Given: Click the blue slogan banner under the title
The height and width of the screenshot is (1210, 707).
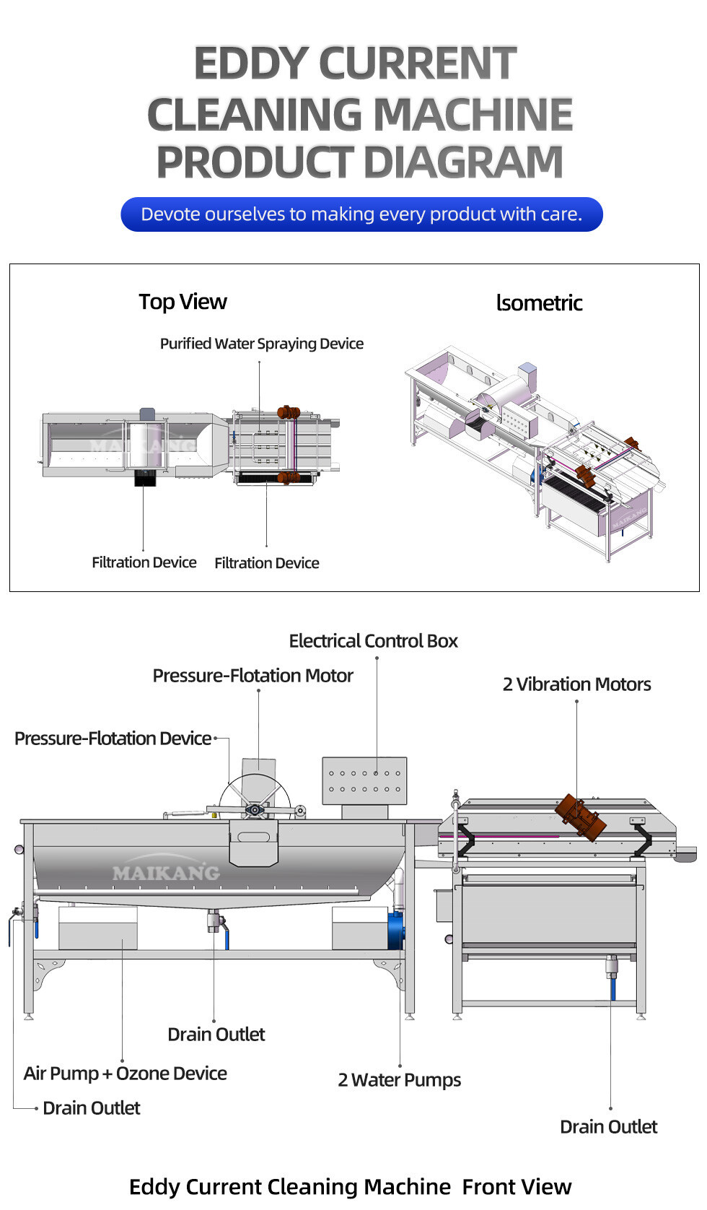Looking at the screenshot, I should click(x=361, y=214).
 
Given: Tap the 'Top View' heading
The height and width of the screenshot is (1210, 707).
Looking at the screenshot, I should click(x=183, y=302).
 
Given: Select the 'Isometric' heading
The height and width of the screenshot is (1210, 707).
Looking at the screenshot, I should click(x=539, y=303).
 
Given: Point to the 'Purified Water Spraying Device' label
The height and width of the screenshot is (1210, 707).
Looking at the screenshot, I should click(x=261, y=344).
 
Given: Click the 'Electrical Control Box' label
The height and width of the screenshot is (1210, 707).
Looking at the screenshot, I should click(x=373, y=641).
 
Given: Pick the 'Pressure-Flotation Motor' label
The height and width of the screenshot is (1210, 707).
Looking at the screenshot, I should click(x=252, y=676).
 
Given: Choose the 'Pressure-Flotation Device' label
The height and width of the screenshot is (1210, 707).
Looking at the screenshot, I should click(x=113, y=739).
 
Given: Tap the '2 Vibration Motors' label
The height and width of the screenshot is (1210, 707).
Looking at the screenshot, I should click(x=576, y=684).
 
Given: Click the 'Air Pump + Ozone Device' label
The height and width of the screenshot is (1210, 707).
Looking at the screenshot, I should click(x=125, y=1074).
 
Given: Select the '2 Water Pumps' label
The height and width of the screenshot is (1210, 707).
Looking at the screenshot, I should click(x=399, y=1080).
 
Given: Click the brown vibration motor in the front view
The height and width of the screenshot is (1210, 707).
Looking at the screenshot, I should click(x=580, y=817).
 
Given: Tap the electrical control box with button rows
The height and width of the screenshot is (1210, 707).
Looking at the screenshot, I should click(x=364, y=780).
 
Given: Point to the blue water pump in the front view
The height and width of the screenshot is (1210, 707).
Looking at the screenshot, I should click(x=395, y=930).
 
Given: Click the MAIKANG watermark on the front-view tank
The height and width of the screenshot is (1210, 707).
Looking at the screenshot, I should click(x=166, y=873).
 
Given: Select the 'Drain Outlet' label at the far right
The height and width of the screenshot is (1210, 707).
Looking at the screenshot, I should click(x=608, y=1127).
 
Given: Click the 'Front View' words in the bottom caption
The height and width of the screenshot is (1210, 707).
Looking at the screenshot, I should click(x=517, y=1187).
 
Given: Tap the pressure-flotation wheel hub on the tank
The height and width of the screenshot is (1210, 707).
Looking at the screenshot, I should click(x=254, y=810).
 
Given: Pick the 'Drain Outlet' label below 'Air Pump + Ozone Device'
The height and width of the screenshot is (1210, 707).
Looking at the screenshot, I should click(x=91, y=1108).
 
